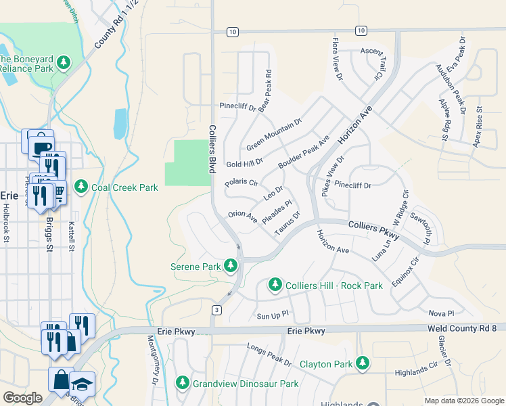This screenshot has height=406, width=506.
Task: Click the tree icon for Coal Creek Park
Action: pos(81,186)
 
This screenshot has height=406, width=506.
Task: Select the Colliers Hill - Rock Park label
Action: pos(334,285)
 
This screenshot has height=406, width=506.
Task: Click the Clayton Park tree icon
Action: pos(363,364)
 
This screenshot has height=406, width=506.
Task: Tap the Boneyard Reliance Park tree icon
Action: pos(64,63)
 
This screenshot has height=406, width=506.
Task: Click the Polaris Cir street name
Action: pos(241,183)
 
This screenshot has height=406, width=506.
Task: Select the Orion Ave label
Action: pos(243,217)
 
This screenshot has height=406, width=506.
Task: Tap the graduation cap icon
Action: pos(83,383)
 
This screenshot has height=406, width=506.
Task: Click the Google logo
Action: pos(22,398)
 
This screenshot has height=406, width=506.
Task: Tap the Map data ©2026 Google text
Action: pos(463,401)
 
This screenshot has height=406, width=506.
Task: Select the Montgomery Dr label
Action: pos(152,362)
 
